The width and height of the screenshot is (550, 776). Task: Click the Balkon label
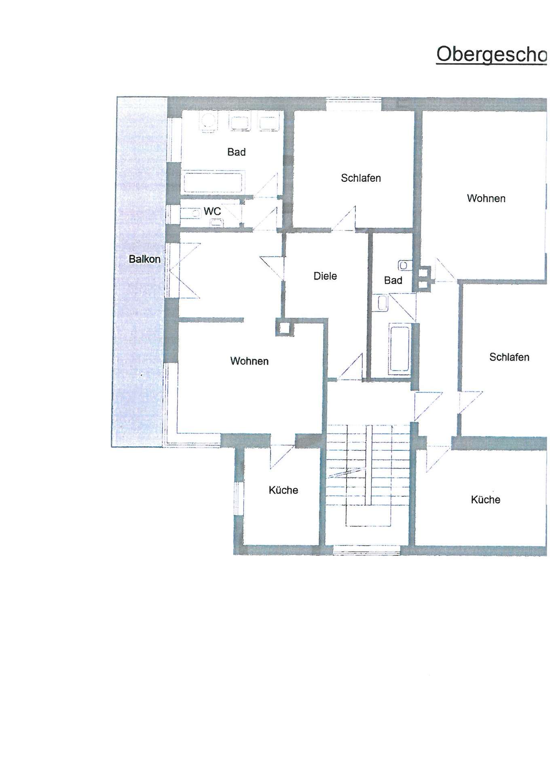click(144, 259)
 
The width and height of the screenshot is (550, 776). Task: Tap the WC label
click(212, 211)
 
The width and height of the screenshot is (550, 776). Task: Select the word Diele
click(325, 276)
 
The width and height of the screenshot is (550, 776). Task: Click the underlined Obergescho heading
click(491, 54)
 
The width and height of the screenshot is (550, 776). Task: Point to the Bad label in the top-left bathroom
click(237, 152)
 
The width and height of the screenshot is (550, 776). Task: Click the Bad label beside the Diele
click(393, 280)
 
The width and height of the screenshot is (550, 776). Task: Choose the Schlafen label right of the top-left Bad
click(361, 178)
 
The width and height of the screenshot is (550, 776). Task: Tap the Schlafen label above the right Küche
click(509, 357)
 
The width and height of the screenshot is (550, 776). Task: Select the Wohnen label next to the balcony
click(249, 361)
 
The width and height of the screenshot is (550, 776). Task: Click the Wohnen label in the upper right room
click(486, 198)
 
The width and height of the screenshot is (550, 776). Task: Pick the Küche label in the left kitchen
click(283, 490)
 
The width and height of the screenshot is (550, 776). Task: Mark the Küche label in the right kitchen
click(485, 500)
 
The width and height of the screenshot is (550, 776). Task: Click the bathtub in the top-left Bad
click(214, 182)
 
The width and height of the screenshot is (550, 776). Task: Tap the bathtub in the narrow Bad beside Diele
click(400, 348)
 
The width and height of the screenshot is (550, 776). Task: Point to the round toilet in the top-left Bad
click(208, 121)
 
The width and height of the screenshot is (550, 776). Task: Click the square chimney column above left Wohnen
click(285, 327)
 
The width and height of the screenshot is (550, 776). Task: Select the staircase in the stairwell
click(368, 475)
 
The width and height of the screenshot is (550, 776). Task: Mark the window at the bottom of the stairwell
click(366, 550)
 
